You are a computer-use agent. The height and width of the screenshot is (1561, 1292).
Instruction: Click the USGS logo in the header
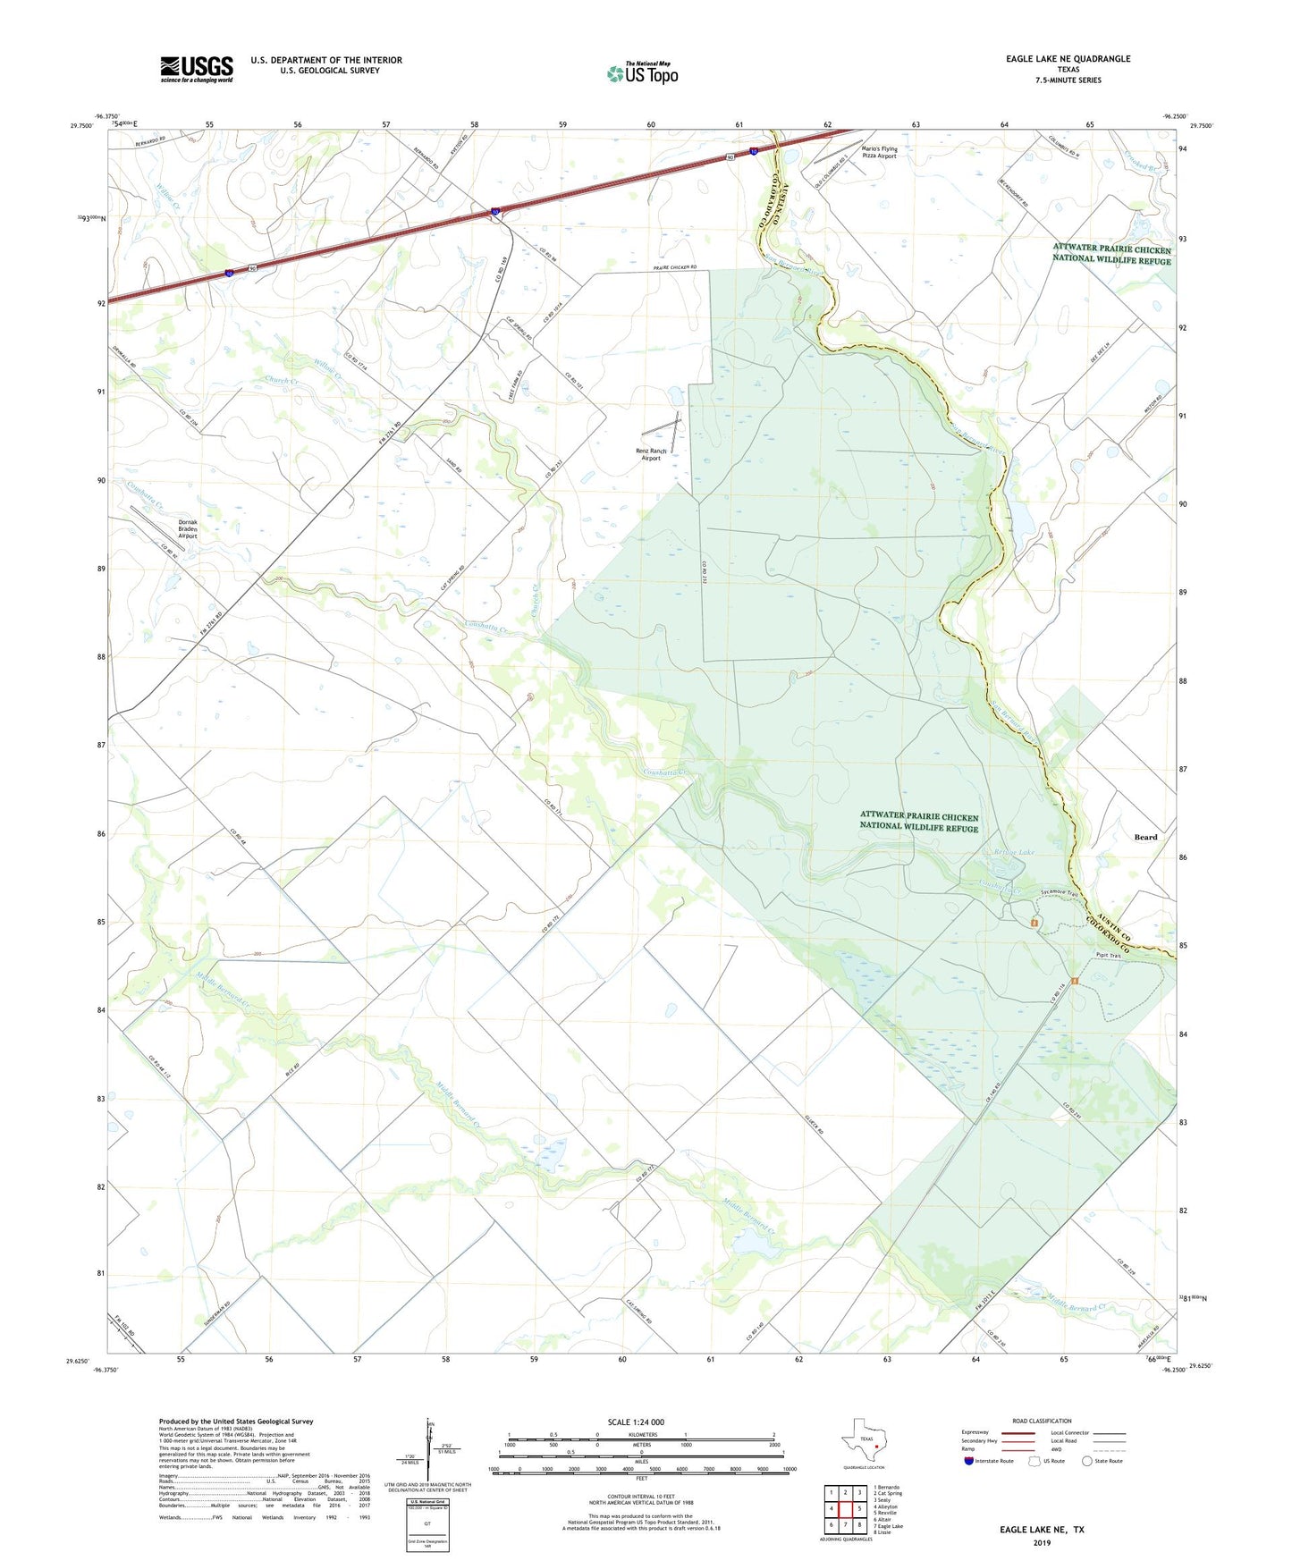click(197, 69)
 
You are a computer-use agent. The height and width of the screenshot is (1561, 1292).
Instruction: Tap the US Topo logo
click(642, 73)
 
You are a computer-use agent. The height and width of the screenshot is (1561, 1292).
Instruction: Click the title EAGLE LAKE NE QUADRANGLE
click(1068, 59)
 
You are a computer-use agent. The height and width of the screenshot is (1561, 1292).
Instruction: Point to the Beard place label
click(1145, 837)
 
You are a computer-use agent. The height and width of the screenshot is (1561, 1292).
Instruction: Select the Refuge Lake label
click(1013, 852)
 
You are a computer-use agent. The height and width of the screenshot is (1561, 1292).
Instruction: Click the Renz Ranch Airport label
click(651, 454)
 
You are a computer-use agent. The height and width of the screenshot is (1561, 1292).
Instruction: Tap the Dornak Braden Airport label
click(187, 529)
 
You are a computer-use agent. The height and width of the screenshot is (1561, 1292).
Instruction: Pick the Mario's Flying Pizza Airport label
click(879, 152)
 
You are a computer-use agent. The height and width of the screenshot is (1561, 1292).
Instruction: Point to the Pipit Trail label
click(1109, 956)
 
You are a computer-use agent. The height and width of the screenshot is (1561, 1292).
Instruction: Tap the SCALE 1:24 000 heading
click(636, 1422)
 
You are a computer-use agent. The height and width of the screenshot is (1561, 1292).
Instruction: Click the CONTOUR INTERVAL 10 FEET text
click(640, 1497)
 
